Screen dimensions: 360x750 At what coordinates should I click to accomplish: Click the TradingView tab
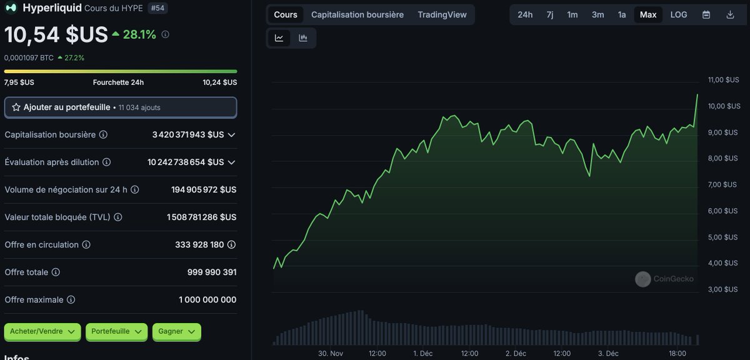(442, 14)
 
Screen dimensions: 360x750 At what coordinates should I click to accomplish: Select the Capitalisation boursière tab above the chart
(357, 14)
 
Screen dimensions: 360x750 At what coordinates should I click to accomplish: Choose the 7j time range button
(549, 14)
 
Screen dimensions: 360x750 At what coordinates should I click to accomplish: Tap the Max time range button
(648, 14)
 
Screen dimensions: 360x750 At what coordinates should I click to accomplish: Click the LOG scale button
(679, 14)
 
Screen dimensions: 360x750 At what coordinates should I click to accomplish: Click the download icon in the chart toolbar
(730, 14)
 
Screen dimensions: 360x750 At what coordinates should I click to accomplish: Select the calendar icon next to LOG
(706, 14)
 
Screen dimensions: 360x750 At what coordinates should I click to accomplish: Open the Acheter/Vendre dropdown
(42, 331)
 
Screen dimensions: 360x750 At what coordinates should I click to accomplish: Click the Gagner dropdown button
(176, 331)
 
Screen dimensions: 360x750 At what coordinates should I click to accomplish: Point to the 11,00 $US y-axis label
(723, 80)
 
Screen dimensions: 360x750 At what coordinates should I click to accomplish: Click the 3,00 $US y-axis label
(723, 289)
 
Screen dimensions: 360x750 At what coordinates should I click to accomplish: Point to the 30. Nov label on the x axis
(331, 353)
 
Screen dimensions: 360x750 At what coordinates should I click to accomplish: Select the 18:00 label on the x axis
(677, 353)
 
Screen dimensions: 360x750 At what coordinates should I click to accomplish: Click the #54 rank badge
(158, 8)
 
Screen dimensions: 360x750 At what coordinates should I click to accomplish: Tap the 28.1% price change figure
(139, 34)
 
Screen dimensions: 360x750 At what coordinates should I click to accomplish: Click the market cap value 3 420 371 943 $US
(187, 135)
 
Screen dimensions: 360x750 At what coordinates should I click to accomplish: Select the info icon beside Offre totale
(56, 272)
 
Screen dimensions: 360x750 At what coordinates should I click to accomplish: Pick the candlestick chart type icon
(303, 38)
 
